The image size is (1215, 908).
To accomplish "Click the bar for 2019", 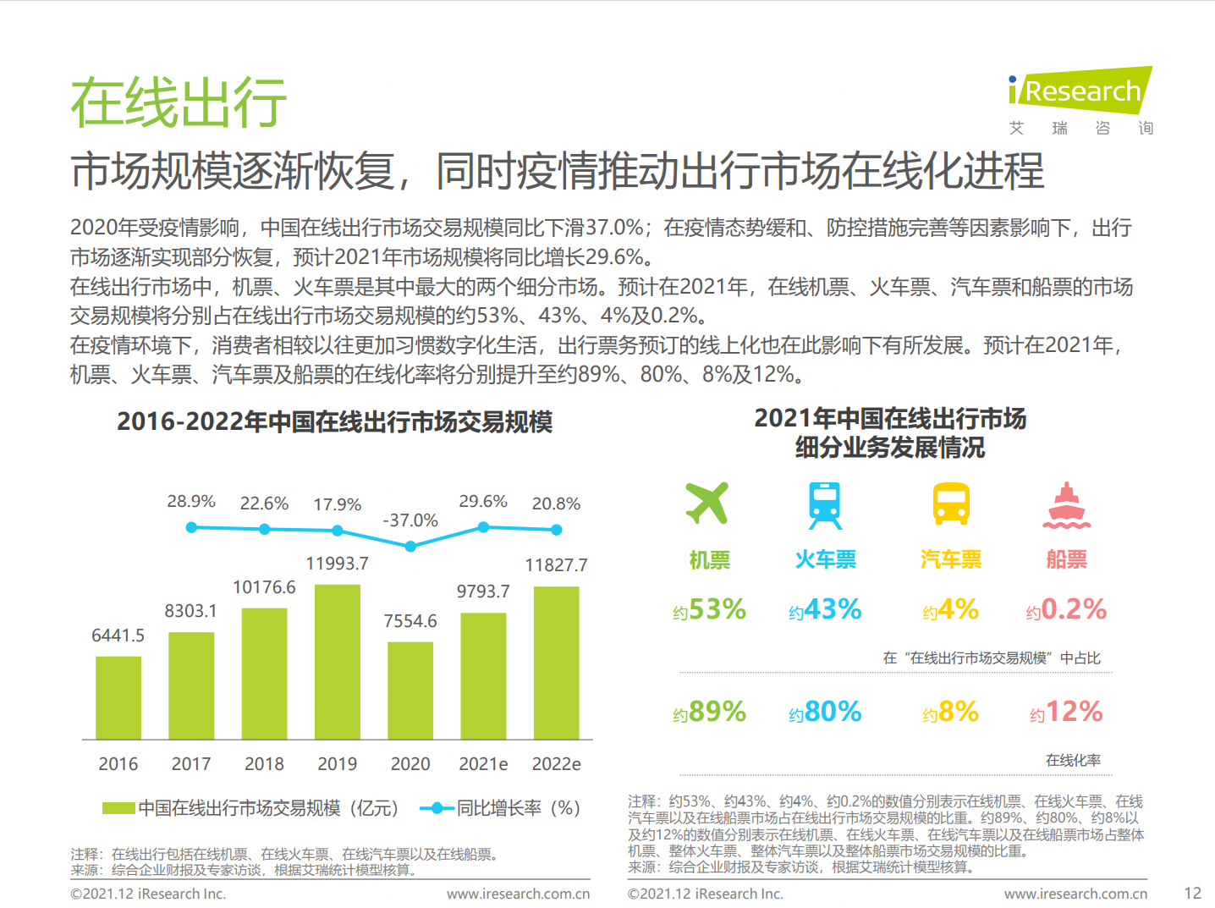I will tap(337, 662).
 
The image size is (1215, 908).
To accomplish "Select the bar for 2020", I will tap(410, 691).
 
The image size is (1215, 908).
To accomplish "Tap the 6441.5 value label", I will tap(118, 636).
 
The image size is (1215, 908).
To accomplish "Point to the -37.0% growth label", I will tap(410, 520).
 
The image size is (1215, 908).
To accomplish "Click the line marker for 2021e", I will tap(483, 527).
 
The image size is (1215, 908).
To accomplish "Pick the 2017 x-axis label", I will tap(191, 764).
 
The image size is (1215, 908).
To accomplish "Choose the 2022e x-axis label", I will tap(556, 764).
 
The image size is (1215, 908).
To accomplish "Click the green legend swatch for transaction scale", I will tap(118, 808).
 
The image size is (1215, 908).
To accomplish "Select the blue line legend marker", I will tap(437, 808).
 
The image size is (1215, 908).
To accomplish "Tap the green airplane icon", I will tap(707, 504).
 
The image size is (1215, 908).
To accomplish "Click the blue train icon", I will tap(825, 505).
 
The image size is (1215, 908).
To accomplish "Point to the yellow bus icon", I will tap(951, 504).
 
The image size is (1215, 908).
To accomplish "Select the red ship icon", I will tap(1066, 506).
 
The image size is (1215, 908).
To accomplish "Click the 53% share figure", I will tap(717, 609).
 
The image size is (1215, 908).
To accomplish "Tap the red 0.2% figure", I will tap(1073, 609).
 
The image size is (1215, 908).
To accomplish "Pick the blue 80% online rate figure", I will tap(833, 712).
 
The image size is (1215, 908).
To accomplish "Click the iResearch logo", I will tap(1080, 91).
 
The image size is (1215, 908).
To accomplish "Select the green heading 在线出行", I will tap(179, 103).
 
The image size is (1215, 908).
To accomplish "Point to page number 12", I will tap(1192, 894).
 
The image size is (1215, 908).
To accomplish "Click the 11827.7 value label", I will tap(556, 565).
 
